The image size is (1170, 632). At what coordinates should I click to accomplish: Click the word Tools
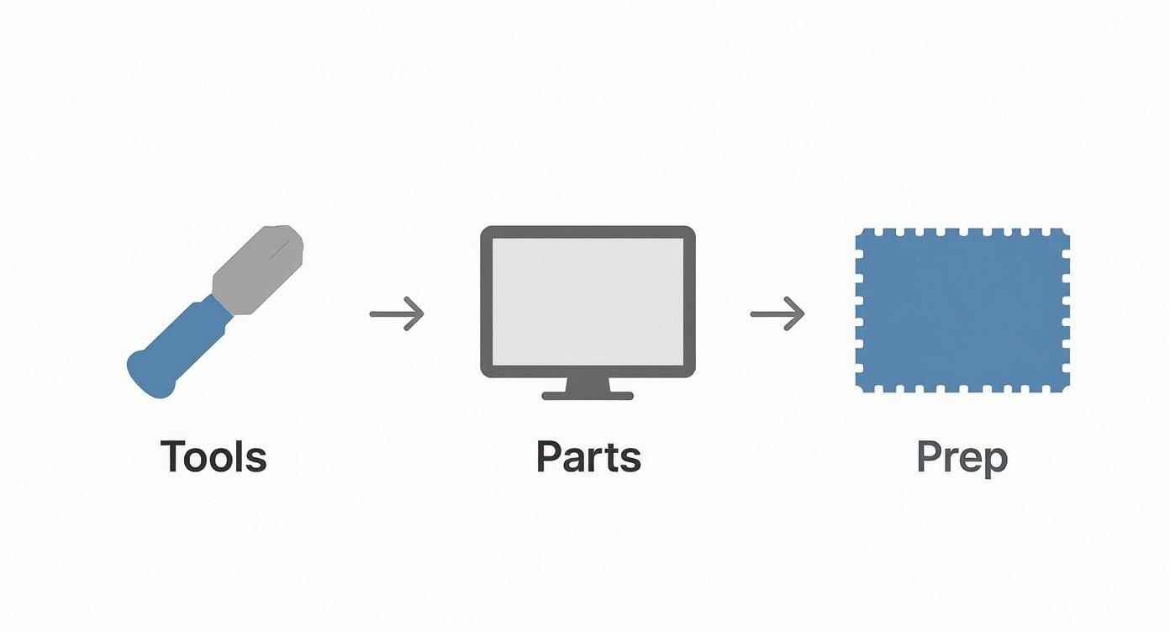[x=213, y=456]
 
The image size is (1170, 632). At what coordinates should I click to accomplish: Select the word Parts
[x=588, y=456]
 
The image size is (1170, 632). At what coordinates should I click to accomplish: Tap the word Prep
[x=962, y=458]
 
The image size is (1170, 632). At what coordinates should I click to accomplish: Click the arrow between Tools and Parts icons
[x=397, y=313]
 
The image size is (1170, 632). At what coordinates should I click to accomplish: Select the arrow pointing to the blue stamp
[x=777, y=313]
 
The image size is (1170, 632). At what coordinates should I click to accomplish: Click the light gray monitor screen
[x=588, y=301]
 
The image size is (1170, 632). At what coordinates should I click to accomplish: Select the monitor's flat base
[x=588, y=395]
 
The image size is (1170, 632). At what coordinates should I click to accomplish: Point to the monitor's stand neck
[x=588, y=383]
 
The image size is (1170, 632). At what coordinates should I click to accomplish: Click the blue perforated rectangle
[x=962, y=309]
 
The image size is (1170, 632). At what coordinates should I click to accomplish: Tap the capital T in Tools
[x=174, y=456]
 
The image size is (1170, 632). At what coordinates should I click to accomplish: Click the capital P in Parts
[x=549, y=456]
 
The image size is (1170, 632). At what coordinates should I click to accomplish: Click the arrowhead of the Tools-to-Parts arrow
[x=416, y=313]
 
